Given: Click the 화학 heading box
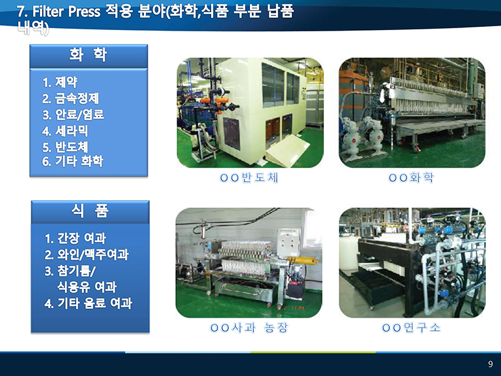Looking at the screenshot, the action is pyautogui.click(x=88, y=56).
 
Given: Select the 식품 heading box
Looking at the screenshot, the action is pyautogui.click(x=90, y=212).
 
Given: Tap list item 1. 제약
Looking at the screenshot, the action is pyautogui.click(x=60, y=82).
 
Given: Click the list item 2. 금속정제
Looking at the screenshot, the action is pyautogui.click(x=71, y=98).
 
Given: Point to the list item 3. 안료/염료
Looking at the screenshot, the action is pyautogui.click(x=73, y=115).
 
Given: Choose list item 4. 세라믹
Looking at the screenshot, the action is pyautogui.click(x=65, y=131).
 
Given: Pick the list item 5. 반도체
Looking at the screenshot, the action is pyautogui.click(x=65, y=147).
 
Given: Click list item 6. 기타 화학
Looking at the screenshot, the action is pyautogui.click(x=73, y=161).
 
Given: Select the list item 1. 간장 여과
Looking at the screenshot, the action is pyautogui.click(x=75, y=238).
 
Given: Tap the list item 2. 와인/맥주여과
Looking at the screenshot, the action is pyautogui.click(x=86, y=254).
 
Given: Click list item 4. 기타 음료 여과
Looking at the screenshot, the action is pyautogui.click(x=88, y=303).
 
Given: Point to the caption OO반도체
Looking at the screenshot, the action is pyautogui.click(x=249, y=178).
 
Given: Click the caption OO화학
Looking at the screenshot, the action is pyautogui.click(x=411, y=178).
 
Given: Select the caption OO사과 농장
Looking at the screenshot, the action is pyautogui.click(x=249, y=328).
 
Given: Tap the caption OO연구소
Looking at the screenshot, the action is pyautogui.click(x=411, y=328).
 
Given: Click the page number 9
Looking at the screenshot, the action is pyautogui.click(x=490, y=364).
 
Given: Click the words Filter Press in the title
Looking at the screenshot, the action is pyautogui.click(x=66, y=11).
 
